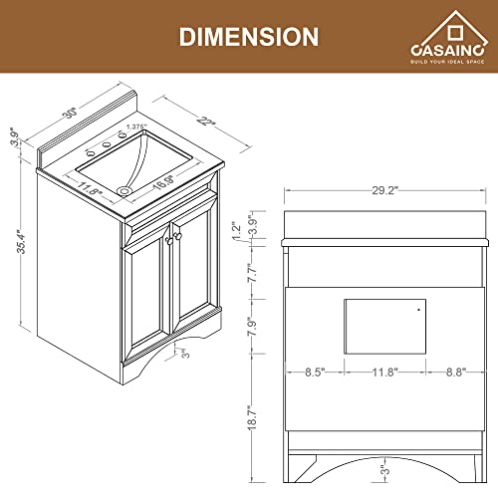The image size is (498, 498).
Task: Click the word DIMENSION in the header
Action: (x=248, y=36)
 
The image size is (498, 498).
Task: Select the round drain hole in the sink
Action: (x=123, y=188)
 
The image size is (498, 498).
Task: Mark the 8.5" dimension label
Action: (x=314, y=374)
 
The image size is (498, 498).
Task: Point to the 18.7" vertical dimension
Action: (x=252, y=423)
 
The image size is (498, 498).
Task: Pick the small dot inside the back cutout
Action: (x=418, y=310)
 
